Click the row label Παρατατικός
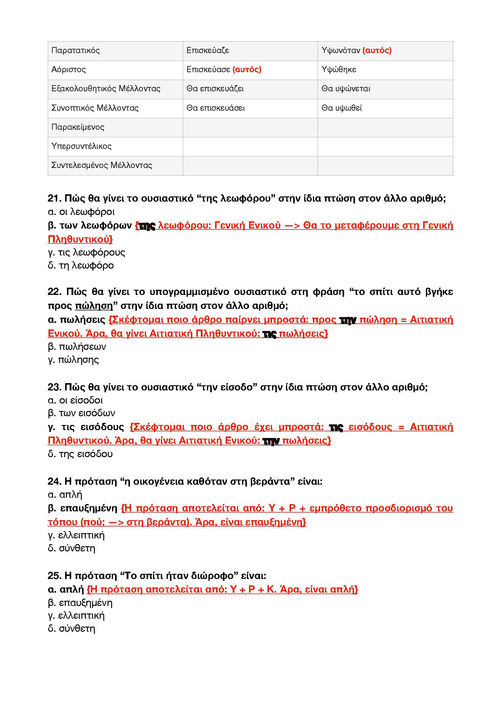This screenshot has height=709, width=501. click(76, 50)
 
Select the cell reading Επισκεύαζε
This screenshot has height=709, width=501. click(207, 50)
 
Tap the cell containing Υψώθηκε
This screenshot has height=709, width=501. click(339, 69)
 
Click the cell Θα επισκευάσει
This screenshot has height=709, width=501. click(216, 108)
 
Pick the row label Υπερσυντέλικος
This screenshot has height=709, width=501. click(81, 146)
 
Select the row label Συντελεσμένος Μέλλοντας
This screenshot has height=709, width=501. click(102, 165)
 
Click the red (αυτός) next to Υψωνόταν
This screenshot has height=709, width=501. click(377, 50)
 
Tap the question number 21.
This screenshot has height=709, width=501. click(55, 198)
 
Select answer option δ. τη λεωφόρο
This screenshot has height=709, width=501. click(81, 265)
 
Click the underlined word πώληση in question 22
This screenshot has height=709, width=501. click(94, 306)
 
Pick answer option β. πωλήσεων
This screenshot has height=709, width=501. click(77, 346)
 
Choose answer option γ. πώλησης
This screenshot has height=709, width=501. click(73, 360)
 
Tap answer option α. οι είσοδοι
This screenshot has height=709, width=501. click(75, 400)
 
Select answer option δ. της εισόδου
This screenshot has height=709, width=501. click(80, 454)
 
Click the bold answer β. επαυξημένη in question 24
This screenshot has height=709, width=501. click(83, 508)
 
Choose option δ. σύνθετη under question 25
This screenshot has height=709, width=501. click(71, 628)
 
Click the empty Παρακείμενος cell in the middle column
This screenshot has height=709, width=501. click(250, 127)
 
